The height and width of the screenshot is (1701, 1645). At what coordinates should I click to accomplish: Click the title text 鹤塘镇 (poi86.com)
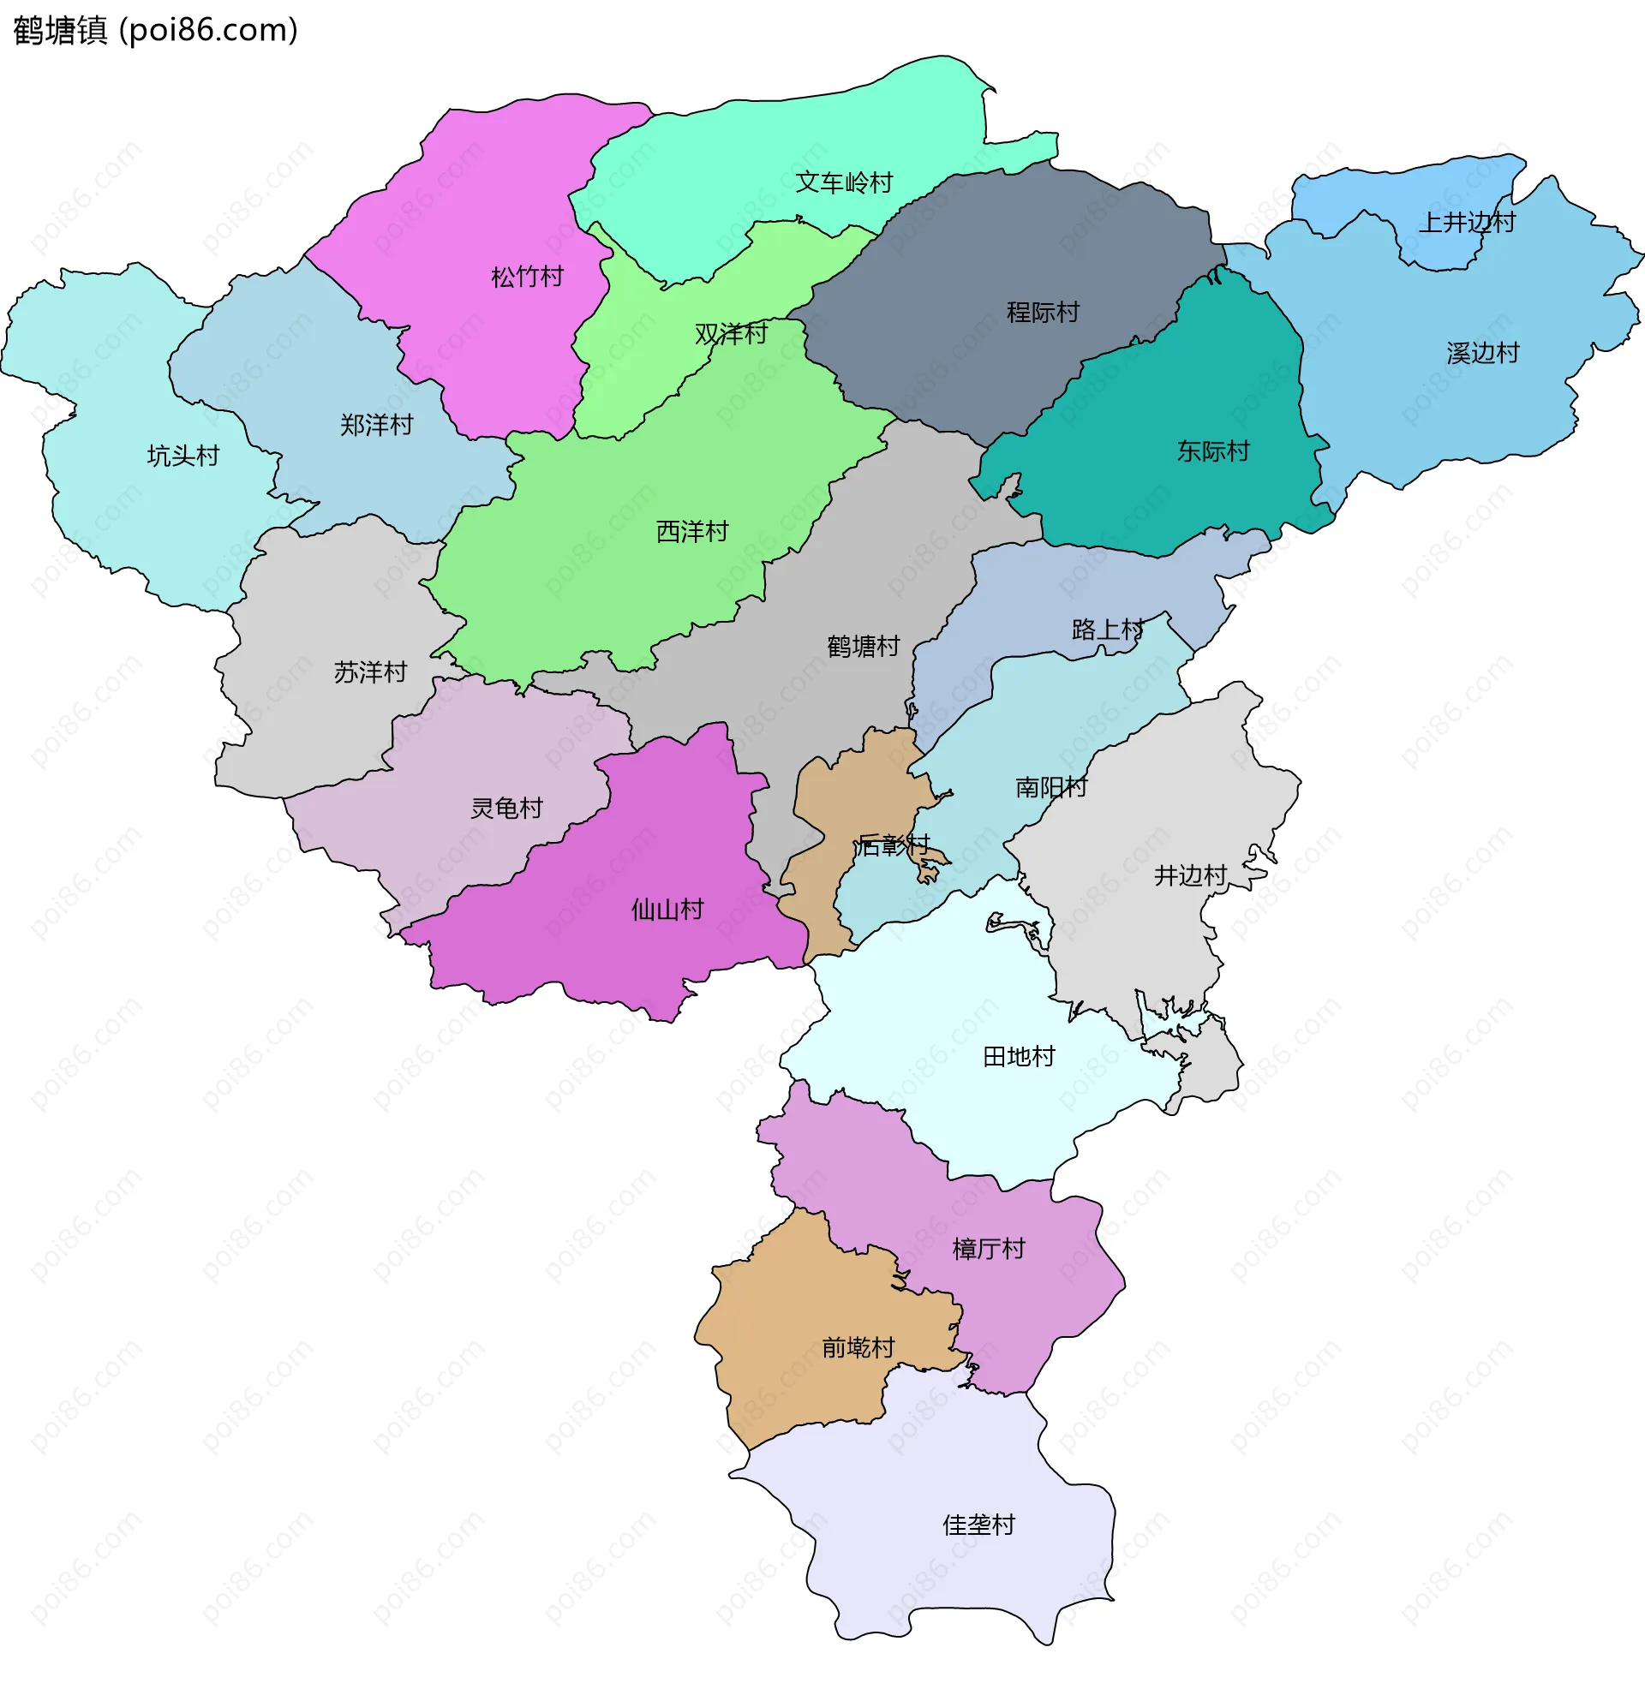click(x=155, y=30)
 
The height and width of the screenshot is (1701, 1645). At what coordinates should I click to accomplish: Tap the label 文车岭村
click(x=844, y=183)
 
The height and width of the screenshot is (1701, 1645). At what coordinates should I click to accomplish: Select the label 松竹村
click(x=527, y=278)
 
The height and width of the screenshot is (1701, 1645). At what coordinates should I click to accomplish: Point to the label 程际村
click(x=1043, y=313)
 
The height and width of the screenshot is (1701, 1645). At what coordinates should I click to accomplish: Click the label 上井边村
click(x=1466, y=223)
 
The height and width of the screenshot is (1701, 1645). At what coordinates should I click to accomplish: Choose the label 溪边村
click(x=1483, y=354)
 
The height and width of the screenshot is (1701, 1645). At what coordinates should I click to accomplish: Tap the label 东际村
click(x=1212, y=452)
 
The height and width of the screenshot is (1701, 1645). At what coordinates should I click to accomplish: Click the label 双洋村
click(x=731, y=334)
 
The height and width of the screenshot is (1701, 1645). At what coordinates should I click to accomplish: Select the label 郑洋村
click(x=376, y=425)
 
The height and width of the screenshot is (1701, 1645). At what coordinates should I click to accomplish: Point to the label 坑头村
click(x=182, y=457)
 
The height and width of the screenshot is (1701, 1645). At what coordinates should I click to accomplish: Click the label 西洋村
click(x=692, y=532)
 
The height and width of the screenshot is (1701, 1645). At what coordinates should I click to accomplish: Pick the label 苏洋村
click(x=370, y=672)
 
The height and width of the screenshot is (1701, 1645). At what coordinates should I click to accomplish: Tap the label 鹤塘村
click(x=863, y=647)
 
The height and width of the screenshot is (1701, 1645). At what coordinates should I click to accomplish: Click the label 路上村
click(x=1108, y=630)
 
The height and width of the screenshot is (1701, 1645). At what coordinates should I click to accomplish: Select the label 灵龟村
click(x=506, y=809)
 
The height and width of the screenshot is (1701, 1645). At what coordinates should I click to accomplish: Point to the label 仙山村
click(x=667, y=910)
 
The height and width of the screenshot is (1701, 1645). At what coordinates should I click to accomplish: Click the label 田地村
click(x=1018, y=1057)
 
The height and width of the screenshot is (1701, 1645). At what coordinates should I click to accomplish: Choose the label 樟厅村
click(x=989, y=1250)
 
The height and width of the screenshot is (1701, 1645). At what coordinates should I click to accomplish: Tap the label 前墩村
click(x=858, y=1348)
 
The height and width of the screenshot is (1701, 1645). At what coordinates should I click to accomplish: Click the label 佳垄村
click(x=978, y=1525)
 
